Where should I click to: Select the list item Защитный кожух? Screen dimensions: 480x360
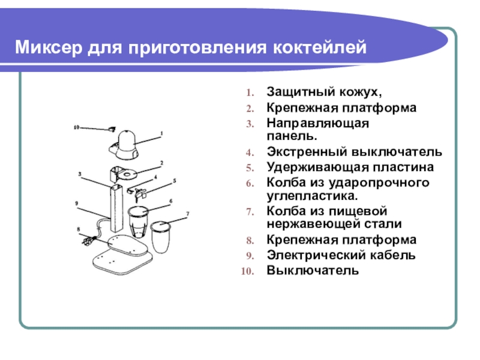pyautogui.click(x=324, y=93)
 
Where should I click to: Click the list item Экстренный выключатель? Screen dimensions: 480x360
pyautogui.click(x=355, y=151)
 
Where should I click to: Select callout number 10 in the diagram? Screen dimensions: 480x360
pyautogui.click(x=76, y=127)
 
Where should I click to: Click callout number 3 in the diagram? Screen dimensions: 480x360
pyautogui.click(x=79, y=174)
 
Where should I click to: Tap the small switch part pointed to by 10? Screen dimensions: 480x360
pyautogui.click(x=112, y=128)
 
